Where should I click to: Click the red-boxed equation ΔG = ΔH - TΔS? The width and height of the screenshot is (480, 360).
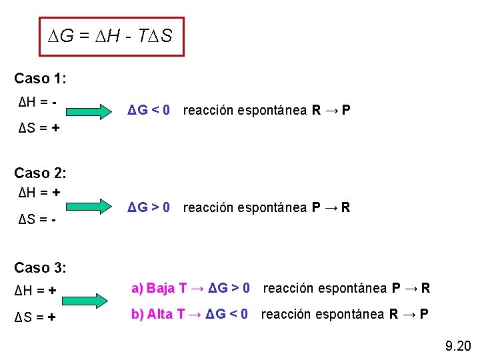point(111,36)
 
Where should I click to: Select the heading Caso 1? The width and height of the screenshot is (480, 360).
point(40,79)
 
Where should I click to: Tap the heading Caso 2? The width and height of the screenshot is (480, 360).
point(40,173)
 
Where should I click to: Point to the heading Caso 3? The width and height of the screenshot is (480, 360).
point(40,268)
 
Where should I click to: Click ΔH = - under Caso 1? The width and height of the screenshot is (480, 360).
point(37,103)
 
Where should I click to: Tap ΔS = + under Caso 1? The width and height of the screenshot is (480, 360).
point(38,127)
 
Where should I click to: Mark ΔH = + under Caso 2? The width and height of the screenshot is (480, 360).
point(39,192)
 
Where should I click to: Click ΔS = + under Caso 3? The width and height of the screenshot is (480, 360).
point(36,317)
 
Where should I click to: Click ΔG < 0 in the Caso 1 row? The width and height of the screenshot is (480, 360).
point(149,109)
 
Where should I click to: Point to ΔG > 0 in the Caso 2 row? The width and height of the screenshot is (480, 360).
point(149,207)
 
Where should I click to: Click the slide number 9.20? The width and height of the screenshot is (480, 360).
point(458,345)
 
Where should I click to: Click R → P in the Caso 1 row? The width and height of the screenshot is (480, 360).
point(331,109)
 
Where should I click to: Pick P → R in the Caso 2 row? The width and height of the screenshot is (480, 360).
point(331,207)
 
